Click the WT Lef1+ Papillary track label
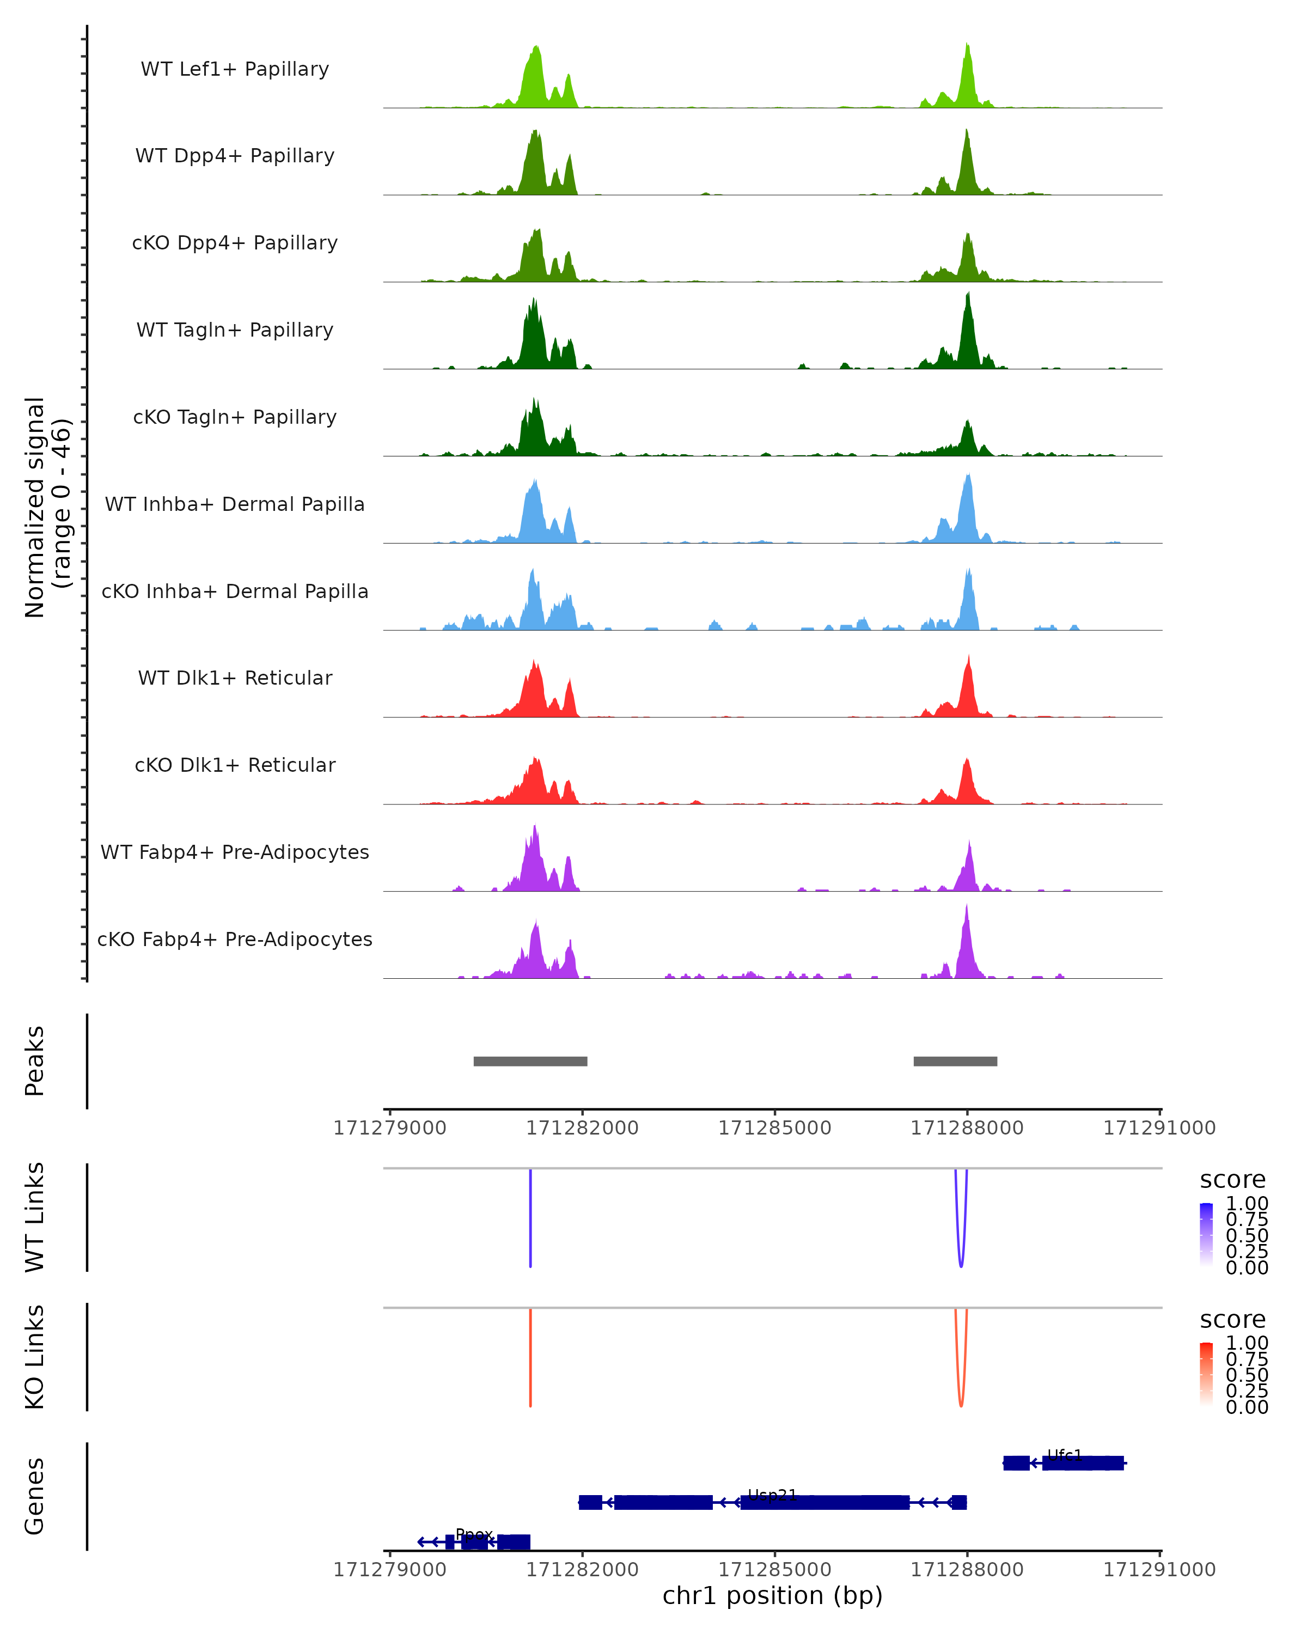point(235,69)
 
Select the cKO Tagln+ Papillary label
point(235,417)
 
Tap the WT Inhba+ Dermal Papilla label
point(235,504)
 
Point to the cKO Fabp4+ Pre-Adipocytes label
point(235,939)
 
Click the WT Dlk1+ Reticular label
point(235,678)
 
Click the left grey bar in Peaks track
point(530,1061)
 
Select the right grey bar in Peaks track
point(955,1061)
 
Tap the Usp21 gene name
point(772,1495)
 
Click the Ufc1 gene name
point(1065,1455)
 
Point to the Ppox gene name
point(474,1534)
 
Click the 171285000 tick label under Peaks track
point(774,1128)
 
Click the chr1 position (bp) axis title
point(772,1595)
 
